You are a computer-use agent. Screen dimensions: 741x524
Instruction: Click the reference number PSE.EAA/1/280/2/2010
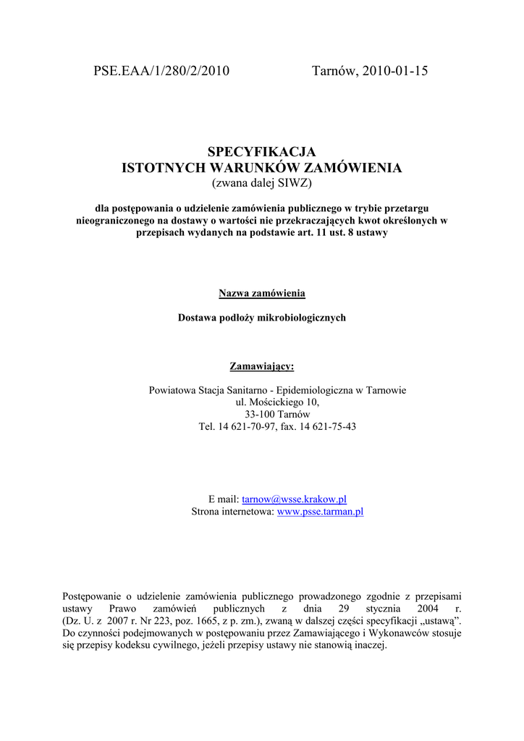point(161,71)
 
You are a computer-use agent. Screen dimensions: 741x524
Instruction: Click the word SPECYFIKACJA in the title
point(262,152)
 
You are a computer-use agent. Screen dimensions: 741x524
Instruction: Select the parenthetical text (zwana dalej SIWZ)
point(262,184)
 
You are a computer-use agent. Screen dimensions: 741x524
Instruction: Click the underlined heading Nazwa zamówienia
point(262,293)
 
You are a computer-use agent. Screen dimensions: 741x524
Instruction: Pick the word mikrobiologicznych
point(303,318)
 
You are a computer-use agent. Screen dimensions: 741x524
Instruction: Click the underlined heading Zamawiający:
point(262,365)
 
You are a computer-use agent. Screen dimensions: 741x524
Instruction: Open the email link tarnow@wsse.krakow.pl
point(294,499)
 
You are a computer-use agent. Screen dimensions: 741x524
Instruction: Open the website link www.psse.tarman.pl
point(321,512)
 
